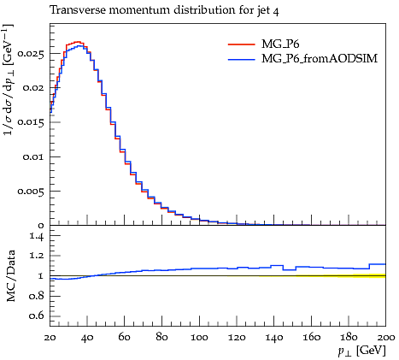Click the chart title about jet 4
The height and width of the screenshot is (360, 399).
(164, 10)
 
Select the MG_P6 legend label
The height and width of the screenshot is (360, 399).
(280, 44)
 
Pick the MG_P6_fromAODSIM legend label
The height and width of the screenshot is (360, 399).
(320, 58)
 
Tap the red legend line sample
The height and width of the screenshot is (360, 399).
(242, 44)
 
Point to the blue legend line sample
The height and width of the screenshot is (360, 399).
(242, 59)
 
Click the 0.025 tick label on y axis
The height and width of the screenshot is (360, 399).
(32, 53)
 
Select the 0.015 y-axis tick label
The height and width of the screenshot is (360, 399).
(32, 122)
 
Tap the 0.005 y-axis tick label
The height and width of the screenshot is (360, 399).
(32, 191)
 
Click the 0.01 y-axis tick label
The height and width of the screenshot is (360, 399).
(34, 156)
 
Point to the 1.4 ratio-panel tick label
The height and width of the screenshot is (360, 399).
(38, 236)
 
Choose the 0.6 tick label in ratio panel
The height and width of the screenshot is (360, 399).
(37, 316)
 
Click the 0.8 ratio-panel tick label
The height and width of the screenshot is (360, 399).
(37, 296)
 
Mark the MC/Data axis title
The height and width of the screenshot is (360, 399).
(11, 275)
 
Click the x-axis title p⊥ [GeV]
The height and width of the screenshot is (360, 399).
(361, 351)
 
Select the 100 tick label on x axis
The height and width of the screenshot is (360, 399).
(199, 337)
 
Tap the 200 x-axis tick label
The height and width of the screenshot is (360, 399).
(385, 337)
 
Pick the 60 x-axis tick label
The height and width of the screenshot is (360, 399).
(124, 337)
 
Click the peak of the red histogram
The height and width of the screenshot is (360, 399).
(78, 42)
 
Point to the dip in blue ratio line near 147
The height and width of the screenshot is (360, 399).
(289, 269)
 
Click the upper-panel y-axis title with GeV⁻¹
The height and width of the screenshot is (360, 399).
(9, 80)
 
